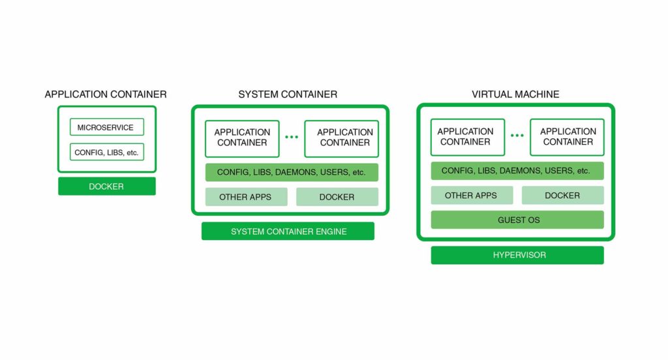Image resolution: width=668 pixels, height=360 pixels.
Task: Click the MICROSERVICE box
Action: point(106,127)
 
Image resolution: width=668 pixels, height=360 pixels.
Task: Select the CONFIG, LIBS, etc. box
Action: point(106,153)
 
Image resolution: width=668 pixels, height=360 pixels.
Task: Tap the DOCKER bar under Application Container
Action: point(106,187)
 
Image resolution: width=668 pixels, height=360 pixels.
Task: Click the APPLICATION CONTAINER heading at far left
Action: point(106,95)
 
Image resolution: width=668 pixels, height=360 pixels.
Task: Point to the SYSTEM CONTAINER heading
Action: point(288,95)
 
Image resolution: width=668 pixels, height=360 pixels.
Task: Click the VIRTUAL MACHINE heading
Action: point(515,95)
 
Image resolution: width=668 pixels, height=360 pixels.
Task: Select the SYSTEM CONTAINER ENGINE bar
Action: point(288,232)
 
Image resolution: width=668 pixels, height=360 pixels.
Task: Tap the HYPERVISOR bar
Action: point(517,256)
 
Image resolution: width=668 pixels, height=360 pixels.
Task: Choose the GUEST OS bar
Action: point(517,220)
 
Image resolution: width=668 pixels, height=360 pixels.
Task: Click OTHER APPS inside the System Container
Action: point(247,197)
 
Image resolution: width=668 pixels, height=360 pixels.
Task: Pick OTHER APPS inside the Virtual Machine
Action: point(471,196)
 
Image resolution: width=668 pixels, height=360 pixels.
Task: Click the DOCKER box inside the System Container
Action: point(337,197)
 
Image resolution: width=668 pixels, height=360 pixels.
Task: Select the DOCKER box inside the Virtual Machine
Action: point(562,196)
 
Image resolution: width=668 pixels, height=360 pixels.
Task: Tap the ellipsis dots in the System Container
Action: point(292,138)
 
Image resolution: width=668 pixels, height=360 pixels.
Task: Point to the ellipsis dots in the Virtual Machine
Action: point(517,136)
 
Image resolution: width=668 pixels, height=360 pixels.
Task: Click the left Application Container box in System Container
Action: point(242,138)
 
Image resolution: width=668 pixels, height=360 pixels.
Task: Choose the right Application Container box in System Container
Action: point(341,138)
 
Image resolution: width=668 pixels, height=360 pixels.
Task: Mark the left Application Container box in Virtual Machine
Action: point(467,137)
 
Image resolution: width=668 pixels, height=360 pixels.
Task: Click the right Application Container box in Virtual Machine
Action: point(567,137)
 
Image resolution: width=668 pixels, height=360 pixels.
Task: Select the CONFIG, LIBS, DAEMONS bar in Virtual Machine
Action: point(517,171)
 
